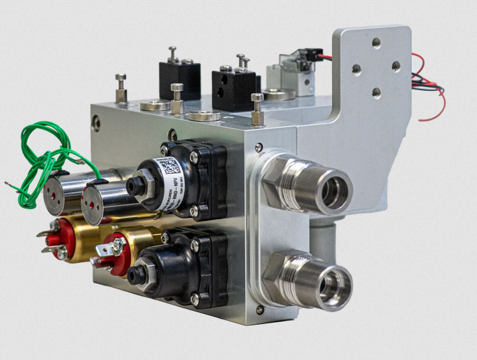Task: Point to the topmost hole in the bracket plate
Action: tap(376, 42)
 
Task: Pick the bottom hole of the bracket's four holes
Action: tap(376, 93)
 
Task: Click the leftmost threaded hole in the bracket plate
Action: tap(357, 70)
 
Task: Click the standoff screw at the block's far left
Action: tap(121, 87)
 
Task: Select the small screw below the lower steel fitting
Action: tap(259, 309)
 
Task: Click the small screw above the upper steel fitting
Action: tap(259, 147)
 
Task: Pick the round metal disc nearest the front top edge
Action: tap(205, 115)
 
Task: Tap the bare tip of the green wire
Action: tap(8, 184)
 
